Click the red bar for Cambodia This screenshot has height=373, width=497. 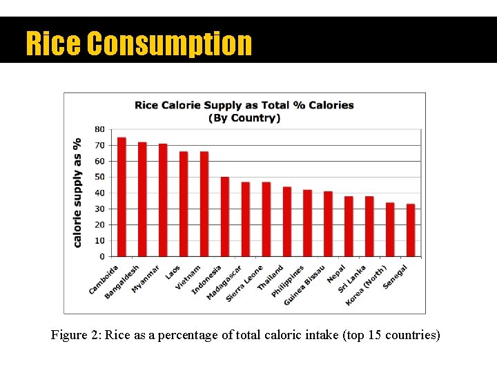click(121, 197)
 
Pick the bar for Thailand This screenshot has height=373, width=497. click(286, 222)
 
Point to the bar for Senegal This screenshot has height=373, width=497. click(411, 230)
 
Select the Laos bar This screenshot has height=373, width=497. click(184, 204)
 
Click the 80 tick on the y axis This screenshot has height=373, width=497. click(99, 129)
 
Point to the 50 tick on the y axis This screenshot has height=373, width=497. click(99, 177)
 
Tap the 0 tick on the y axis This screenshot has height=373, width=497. click(102, 256)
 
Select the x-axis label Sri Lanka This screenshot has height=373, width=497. click(352, 279)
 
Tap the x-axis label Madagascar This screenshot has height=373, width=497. click(224, 284)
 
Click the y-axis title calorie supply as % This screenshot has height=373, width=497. click(77, 192)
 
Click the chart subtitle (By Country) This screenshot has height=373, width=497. click(244, 118)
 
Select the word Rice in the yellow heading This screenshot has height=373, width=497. click(52, 43)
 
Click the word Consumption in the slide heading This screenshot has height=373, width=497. click(170, 43)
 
